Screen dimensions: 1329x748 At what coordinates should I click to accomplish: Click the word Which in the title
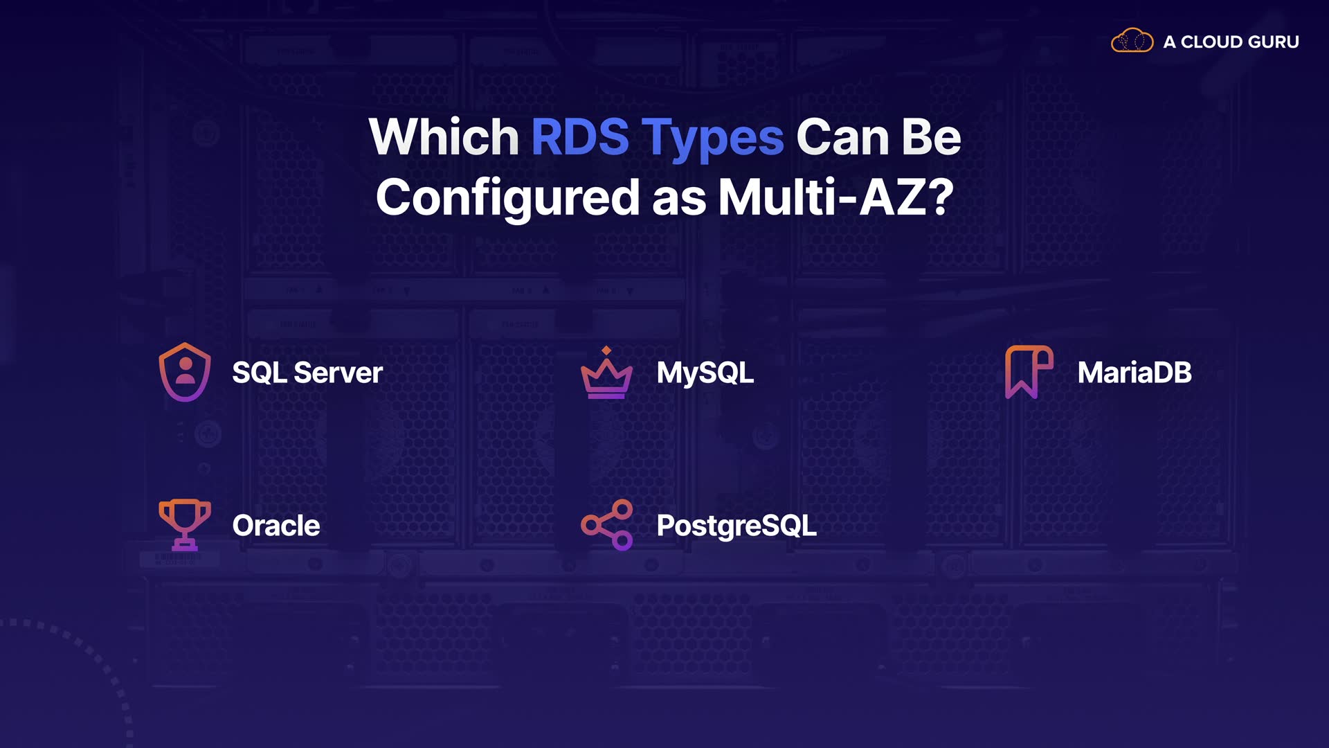(x=444, y=137)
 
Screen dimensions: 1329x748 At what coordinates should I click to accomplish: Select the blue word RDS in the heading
(x=580, y=137)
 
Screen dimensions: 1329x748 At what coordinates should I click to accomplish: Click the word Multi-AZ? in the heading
(x=836, y=197)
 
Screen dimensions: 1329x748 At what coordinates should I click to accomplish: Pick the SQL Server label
(x=307, y=373)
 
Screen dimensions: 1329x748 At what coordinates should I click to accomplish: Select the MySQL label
(x=705, y=373)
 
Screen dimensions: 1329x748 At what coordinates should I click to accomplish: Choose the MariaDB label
(x=1134, y=373)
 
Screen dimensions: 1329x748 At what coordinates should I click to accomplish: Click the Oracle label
(x=276, y=526)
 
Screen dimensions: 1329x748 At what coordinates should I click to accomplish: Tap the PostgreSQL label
(x=736, y=526)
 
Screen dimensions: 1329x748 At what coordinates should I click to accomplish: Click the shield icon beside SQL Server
(x=185, y=372)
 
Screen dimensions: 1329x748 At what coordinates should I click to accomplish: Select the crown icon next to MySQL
(x=606, y=378)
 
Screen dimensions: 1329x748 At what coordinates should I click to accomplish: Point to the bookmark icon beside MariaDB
(x=1029, y=372)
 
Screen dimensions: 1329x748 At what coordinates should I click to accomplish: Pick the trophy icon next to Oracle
(x=185, y=524)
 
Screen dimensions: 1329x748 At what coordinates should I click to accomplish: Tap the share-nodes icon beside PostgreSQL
(x=607, y=525)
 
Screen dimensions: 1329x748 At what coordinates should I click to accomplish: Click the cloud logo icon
(x=1132, y=41)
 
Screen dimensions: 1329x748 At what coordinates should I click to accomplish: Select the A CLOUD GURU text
(x=1231, y=42)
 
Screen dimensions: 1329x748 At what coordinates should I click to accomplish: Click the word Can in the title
(x=842, y=137)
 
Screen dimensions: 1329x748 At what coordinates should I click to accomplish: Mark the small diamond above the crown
(x=606, y=350)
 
